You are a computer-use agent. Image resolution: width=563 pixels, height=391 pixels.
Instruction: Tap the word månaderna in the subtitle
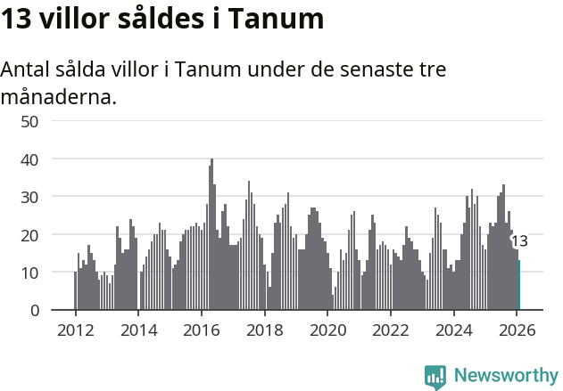pyautogui.click(x=59, y=97)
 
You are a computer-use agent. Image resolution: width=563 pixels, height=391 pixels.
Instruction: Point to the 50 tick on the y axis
pyautogui.click(x=29, y=121)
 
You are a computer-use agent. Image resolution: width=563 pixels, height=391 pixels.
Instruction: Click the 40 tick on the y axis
pyautogui.click(x=29, y=159)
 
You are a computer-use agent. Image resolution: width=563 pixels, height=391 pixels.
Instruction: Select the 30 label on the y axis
pyautogui.click(x=29, y=197)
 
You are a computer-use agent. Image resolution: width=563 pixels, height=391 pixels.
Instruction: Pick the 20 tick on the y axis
pyautogui.click(x=29, y=234)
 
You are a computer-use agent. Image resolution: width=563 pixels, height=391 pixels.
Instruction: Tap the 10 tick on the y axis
pyautogui.click(x=29, y=273)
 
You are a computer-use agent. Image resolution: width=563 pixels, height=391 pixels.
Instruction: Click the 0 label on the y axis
pyautogui.click(x=34, y=310)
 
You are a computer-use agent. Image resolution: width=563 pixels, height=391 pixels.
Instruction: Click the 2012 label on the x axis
pyautogui.click(x=75, y=329)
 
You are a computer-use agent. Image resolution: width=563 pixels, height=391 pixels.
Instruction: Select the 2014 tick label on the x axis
pyautogui.click(x=138, y=329)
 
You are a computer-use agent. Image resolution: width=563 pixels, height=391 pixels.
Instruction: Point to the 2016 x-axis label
pyautogui.click(x=201, y=329)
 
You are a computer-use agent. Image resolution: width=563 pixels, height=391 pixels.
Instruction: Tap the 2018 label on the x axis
pyautogui.click(x=264, y=329)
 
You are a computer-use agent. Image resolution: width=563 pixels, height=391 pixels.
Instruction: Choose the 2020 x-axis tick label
pyautogui.click(x=327, y=329)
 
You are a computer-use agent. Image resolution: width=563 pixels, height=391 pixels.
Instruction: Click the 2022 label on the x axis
pyautogui.click(x=390, y=329)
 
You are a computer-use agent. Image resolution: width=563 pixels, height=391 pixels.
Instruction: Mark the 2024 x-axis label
pyautogui.click(x=453, y=329)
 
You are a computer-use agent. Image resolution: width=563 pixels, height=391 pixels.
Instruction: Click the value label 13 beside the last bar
pyautogui.click(x=519, y=241)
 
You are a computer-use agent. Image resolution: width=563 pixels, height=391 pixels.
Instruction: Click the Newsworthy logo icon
pyautogui.click(x=435, y=376)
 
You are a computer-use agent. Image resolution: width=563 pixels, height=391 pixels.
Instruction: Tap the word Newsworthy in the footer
pyautogui.click(x=505, y=376)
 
